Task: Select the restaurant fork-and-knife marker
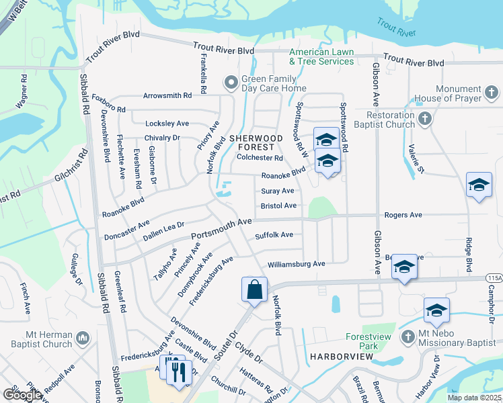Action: click(x=178, y=371)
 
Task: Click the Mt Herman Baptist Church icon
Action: click(x=83, y=336)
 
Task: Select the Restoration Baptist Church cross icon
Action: click(x=424, y=119)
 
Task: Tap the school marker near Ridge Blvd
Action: click(x=479, y=185)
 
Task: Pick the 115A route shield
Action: click(x=493, y=277)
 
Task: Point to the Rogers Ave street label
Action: click(x=403, y=215)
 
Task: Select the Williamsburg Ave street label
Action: click(x=296, y=264)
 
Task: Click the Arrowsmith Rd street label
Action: click(x=167, y=96)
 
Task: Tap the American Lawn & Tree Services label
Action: click(x=321, y=56)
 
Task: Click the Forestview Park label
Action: click(x=368, y=341)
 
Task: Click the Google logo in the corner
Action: click(x=22, y=395)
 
